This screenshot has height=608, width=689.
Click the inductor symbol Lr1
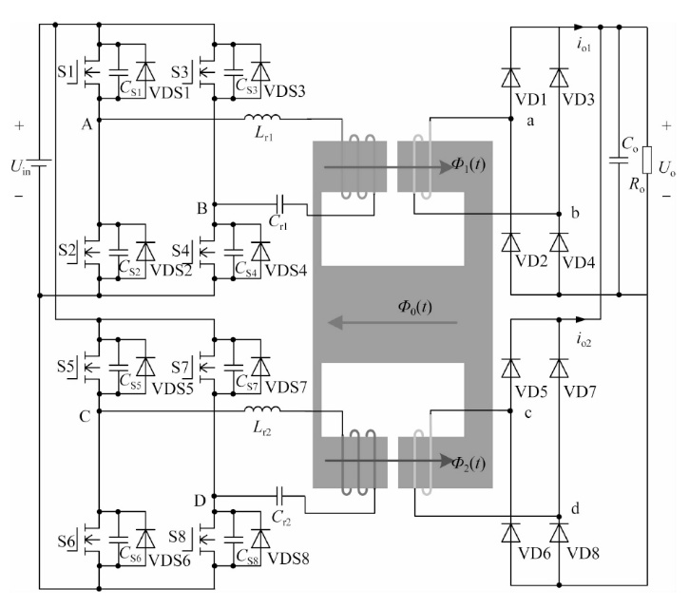click(262, 117)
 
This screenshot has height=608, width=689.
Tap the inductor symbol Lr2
click(262, 409)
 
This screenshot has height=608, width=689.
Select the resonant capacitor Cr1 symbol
click(280, 203)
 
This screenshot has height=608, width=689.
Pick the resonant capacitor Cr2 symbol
click(279, 496)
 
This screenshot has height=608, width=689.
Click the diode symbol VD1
click(510, 78)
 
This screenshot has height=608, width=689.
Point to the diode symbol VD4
click(559, 242)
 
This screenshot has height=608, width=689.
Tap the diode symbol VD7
click(559, 369)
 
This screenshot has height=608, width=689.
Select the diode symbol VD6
click(510, 533)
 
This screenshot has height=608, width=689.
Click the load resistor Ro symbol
click(647, 160)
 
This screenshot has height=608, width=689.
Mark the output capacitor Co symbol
click(619, 160)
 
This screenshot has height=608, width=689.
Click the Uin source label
click(21, 167)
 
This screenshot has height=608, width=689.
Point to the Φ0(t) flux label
click(414, 307)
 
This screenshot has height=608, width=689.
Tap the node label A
click(86, 125)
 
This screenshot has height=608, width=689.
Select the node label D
click(200, 501)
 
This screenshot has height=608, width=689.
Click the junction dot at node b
click(559, 214)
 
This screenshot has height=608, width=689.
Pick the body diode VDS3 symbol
click(260, 71)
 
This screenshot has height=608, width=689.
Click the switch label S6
click(67, 541)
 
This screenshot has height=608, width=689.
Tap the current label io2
click(584, 339)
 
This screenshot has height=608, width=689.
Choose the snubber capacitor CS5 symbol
click(118, 367)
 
